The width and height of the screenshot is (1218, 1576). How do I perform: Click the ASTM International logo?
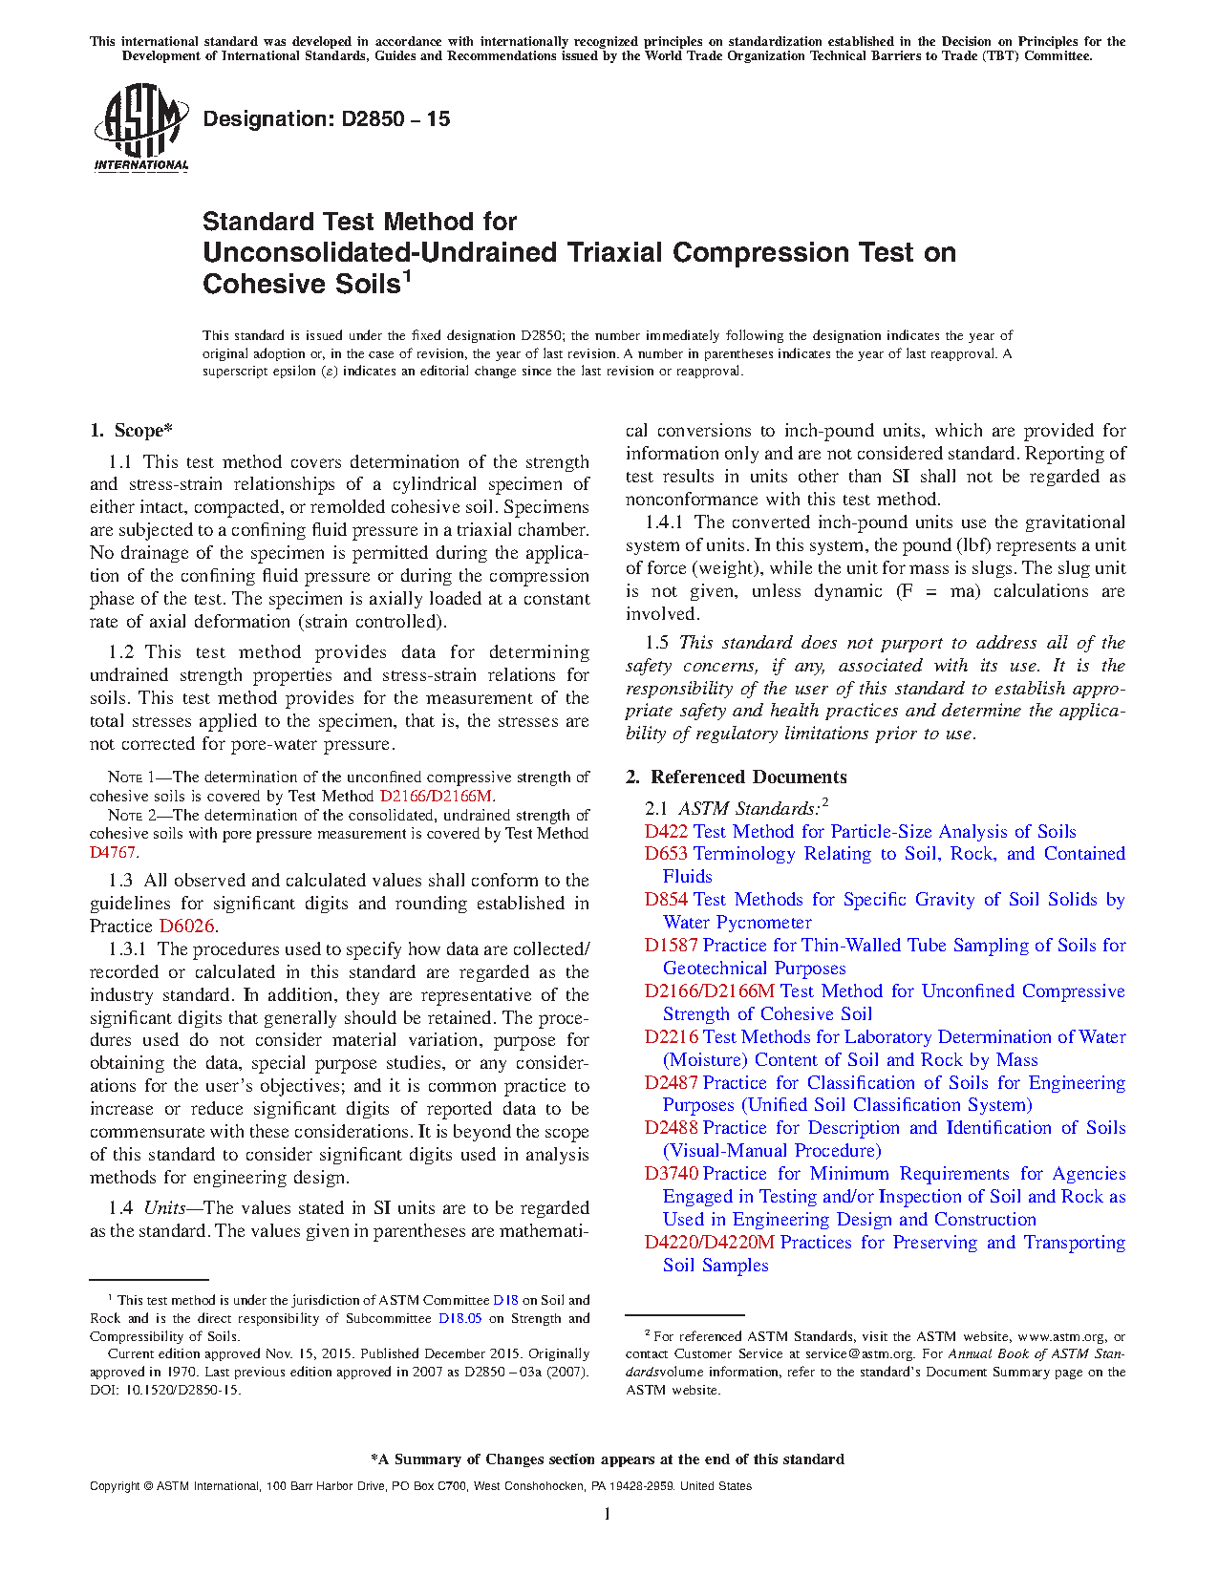coord(140,127)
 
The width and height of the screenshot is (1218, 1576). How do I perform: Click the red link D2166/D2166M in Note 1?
coord(437,796)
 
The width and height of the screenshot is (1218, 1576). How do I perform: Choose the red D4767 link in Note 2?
coord(112,852)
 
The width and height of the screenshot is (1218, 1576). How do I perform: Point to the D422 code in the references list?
coord(666,832)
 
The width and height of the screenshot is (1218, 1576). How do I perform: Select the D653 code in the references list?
coord(666,854)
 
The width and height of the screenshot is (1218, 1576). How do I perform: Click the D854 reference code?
coord(666,900)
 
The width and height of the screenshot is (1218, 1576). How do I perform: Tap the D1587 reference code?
coord(671,946)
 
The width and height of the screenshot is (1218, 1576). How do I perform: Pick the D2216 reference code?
coord(671,1037)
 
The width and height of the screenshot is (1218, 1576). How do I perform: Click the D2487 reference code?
coord(671,1083)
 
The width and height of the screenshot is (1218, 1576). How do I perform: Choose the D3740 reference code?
coord(671,1174)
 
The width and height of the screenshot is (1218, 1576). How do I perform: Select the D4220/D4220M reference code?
coord(709,1243)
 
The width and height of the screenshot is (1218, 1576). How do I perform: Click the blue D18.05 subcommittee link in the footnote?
coord(459,1319)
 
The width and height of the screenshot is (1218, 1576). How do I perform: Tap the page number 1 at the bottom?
coord(608,1513)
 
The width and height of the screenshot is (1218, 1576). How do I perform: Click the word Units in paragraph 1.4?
coord(164,1208)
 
